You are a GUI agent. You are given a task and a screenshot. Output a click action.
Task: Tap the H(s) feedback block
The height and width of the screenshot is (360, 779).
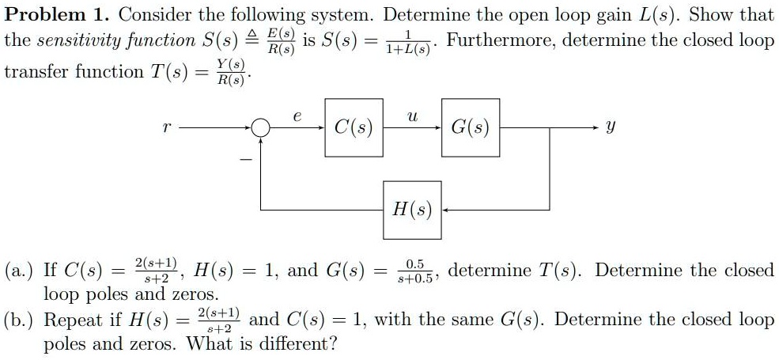point(412,210)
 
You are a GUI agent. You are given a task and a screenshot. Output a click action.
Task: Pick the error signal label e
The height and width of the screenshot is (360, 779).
point(297,116)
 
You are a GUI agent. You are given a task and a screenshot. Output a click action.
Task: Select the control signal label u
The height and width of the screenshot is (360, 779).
point(411,116)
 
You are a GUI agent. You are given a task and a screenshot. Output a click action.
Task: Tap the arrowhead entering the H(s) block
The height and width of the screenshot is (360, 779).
point(445,210)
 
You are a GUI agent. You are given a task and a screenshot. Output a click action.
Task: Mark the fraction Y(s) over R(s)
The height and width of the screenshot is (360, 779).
point(232,73)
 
